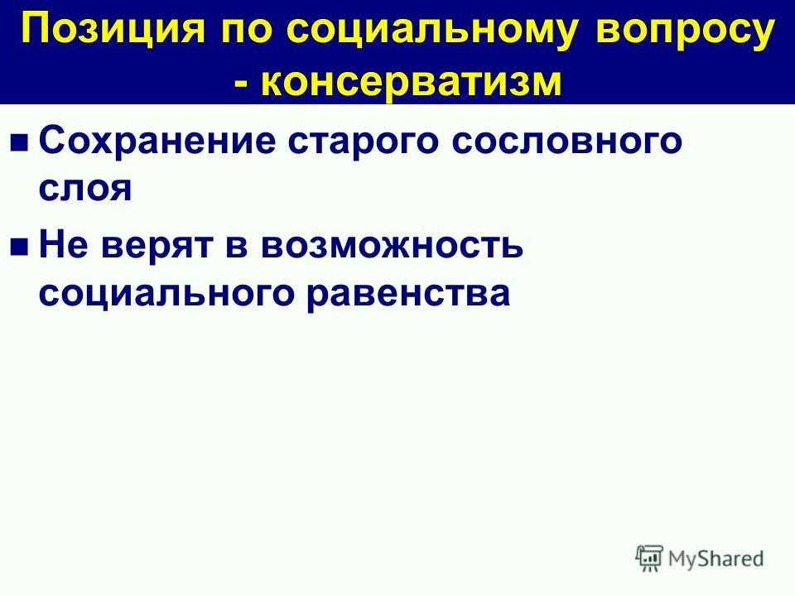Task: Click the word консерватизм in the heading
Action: click(x=412, y=81)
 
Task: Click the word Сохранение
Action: click(x=157, y=141)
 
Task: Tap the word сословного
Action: click(x=566, y=142)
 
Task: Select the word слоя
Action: click(x=85, y=189)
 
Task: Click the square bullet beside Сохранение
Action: click(x=20, y=143)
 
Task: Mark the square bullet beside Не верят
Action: click(x=20, y=247)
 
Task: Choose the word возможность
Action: click(x=392, y=244)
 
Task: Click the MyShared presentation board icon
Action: click(x=649, y=559)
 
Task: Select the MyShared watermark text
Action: click(x=715, y=559)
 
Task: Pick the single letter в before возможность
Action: click(x=236, y=245)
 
